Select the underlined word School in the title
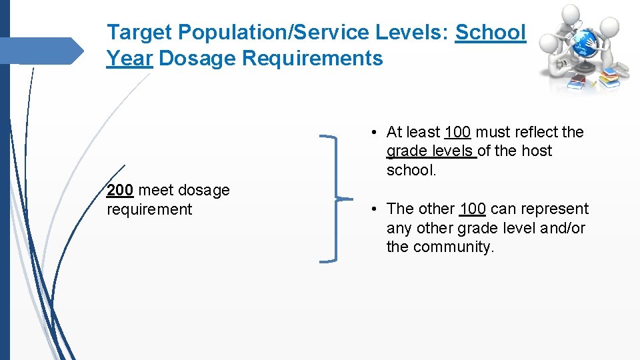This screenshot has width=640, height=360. point(491,32)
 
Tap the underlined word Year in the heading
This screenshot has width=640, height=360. point(129,59)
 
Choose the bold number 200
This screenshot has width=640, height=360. point(120,190)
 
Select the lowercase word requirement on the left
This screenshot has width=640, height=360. point(149,209)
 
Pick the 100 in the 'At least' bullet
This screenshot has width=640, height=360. point(457,132)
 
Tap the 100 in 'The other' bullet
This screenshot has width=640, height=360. point(473,209)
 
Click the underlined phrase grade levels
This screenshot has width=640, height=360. point(431,151)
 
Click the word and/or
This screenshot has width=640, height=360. point(563,228)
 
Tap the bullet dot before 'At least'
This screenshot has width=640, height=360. point(377,133)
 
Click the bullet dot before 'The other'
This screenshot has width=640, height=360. point(377,209)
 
